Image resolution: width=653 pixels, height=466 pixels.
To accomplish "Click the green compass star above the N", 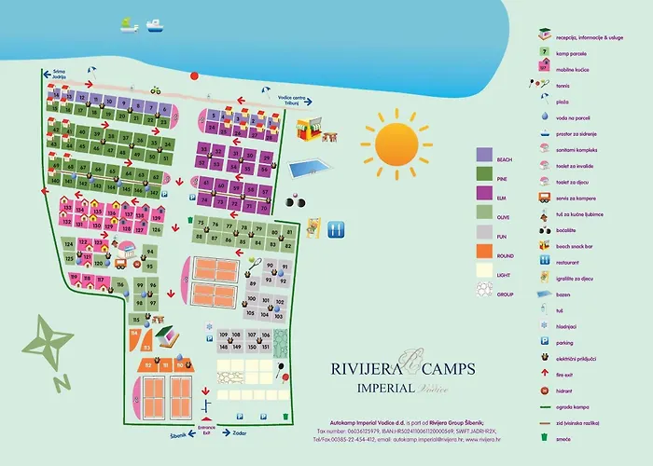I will tap(53, 337).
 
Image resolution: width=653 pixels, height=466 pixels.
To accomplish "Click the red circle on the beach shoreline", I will tap(195, 76).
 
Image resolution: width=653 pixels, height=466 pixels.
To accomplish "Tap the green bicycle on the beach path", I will tap(156, 89).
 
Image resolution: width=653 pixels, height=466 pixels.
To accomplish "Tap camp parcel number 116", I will tap(120, 283).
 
